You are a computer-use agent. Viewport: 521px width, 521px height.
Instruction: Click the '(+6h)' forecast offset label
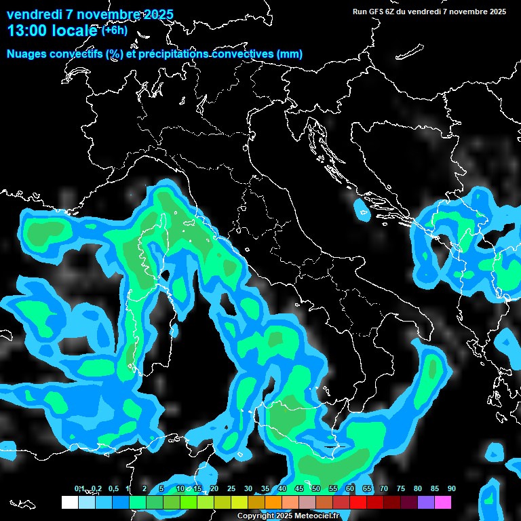tap(114, 30)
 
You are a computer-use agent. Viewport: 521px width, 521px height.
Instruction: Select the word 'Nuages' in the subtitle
tap(26, 54)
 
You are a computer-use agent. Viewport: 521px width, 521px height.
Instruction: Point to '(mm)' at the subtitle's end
tap(289, 54)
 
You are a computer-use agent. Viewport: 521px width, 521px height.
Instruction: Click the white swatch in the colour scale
tap(69, 503)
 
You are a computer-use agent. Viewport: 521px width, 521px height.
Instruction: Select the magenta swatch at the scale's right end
tap(443, 503)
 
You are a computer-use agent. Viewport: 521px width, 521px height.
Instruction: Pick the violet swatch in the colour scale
tap(426, 503)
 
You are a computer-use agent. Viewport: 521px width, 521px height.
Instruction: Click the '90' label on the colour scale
tap(452, 488)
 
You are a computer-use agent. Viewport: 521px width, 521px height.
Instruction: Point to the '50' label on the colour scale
tap(316, 488)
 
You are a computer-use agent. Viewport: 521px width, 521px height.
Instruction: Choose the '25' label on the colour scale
tap(231, 488)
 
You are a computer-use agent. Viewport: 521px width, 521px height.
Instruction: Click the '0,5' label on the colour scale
tap(113, 488)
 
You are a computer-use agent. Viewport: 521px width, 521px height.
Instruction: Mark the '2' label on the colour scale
tap(145, 488)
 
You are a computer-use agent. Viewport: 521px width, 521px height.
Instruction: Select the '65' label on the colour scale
tap(367, 488)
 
